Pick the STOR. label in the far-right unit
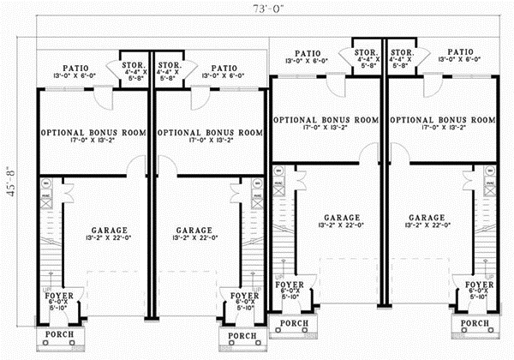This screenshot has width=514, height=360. pos(403,51)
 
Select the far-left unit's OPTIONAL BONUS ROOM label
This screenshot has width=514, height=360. pos(94,133)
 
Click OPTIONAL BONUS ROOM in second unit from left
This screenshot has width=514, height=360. pos(211,133)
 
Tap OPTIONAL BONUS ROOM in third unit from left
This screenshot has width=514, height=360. pos(326,119)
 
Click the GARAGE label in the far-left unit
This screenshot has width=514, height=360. pos(106,231)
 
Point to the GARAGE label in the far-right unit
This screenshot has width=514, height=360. pos(427,218)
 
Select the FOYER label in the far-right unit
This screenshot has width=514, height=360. pos(479,284)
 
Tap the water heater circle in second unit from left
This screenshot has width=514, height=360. pos(255,183)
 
